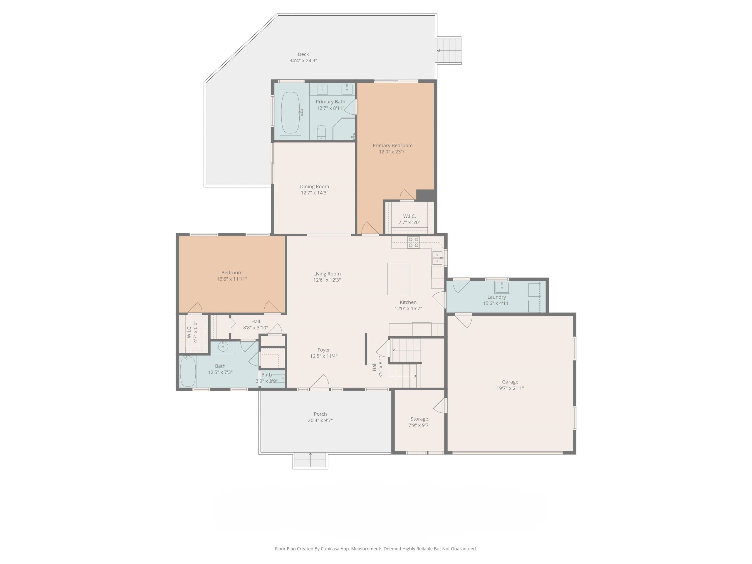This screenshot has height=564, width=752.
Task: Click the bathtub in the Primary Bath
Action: point(290,112)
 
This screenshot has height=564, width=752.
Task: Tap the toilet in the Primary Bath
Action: point(321,132)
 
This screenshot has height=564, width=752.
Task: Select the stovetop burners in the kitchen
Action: point(413,242)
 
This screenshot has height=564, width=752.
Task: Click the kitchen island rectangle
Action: point(398,279)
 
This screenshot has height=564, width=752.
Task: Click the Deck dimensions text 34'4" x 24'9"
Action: point(303,61)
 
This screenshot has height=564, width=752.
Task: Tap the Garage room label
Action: point(510,382)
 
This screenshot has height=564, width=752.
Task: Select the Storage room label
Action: point(419,419)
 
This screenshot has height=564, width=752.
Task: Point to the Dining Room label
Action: point(315,186)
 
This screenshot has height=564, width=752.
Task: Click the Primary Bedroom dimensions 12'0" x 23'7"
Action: point(393,152)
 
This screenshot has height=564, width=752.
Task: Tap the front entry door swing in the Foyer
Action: point(320,382)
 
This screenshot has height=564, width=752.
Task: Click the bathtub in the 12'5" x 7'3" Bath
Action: point(188,371)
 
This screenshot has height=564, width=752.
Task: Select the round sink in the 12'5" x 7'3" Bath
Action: point(223,347)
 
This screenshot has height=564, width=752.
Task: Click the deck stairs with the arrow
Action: point(449,51)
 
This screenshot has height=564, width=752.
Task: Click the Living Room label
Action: point(327,274)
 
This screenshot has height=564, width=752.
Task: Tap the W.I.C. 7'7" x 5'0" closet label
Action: point(409,216)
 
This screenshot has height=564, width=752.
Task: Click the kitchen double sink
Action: point(437,258)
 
